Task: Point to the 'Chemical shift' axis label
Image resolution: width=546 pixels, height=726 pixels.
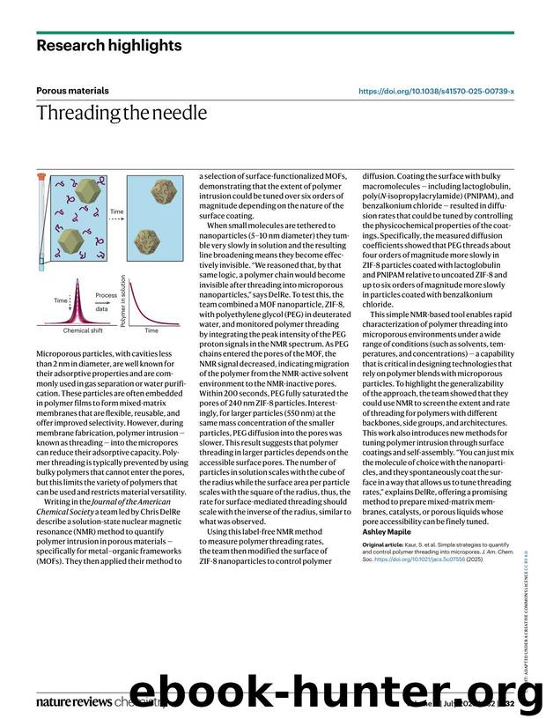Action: tap(83, 330)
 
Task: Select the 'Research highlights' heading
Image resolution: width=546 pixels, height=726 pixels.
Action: tap(109, 45)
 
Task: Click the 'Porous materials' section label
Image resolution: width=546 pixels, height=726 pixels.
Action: tap(73, 90)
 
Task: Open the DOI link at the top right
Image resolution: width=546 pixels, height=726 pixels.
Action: tap(437, 91)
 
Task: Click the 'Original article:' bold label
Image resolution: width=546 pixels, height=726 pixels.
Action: tap(387, 546)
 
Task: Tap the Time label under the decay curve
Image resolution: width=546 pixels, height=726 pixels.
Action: tap(151, 330)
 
